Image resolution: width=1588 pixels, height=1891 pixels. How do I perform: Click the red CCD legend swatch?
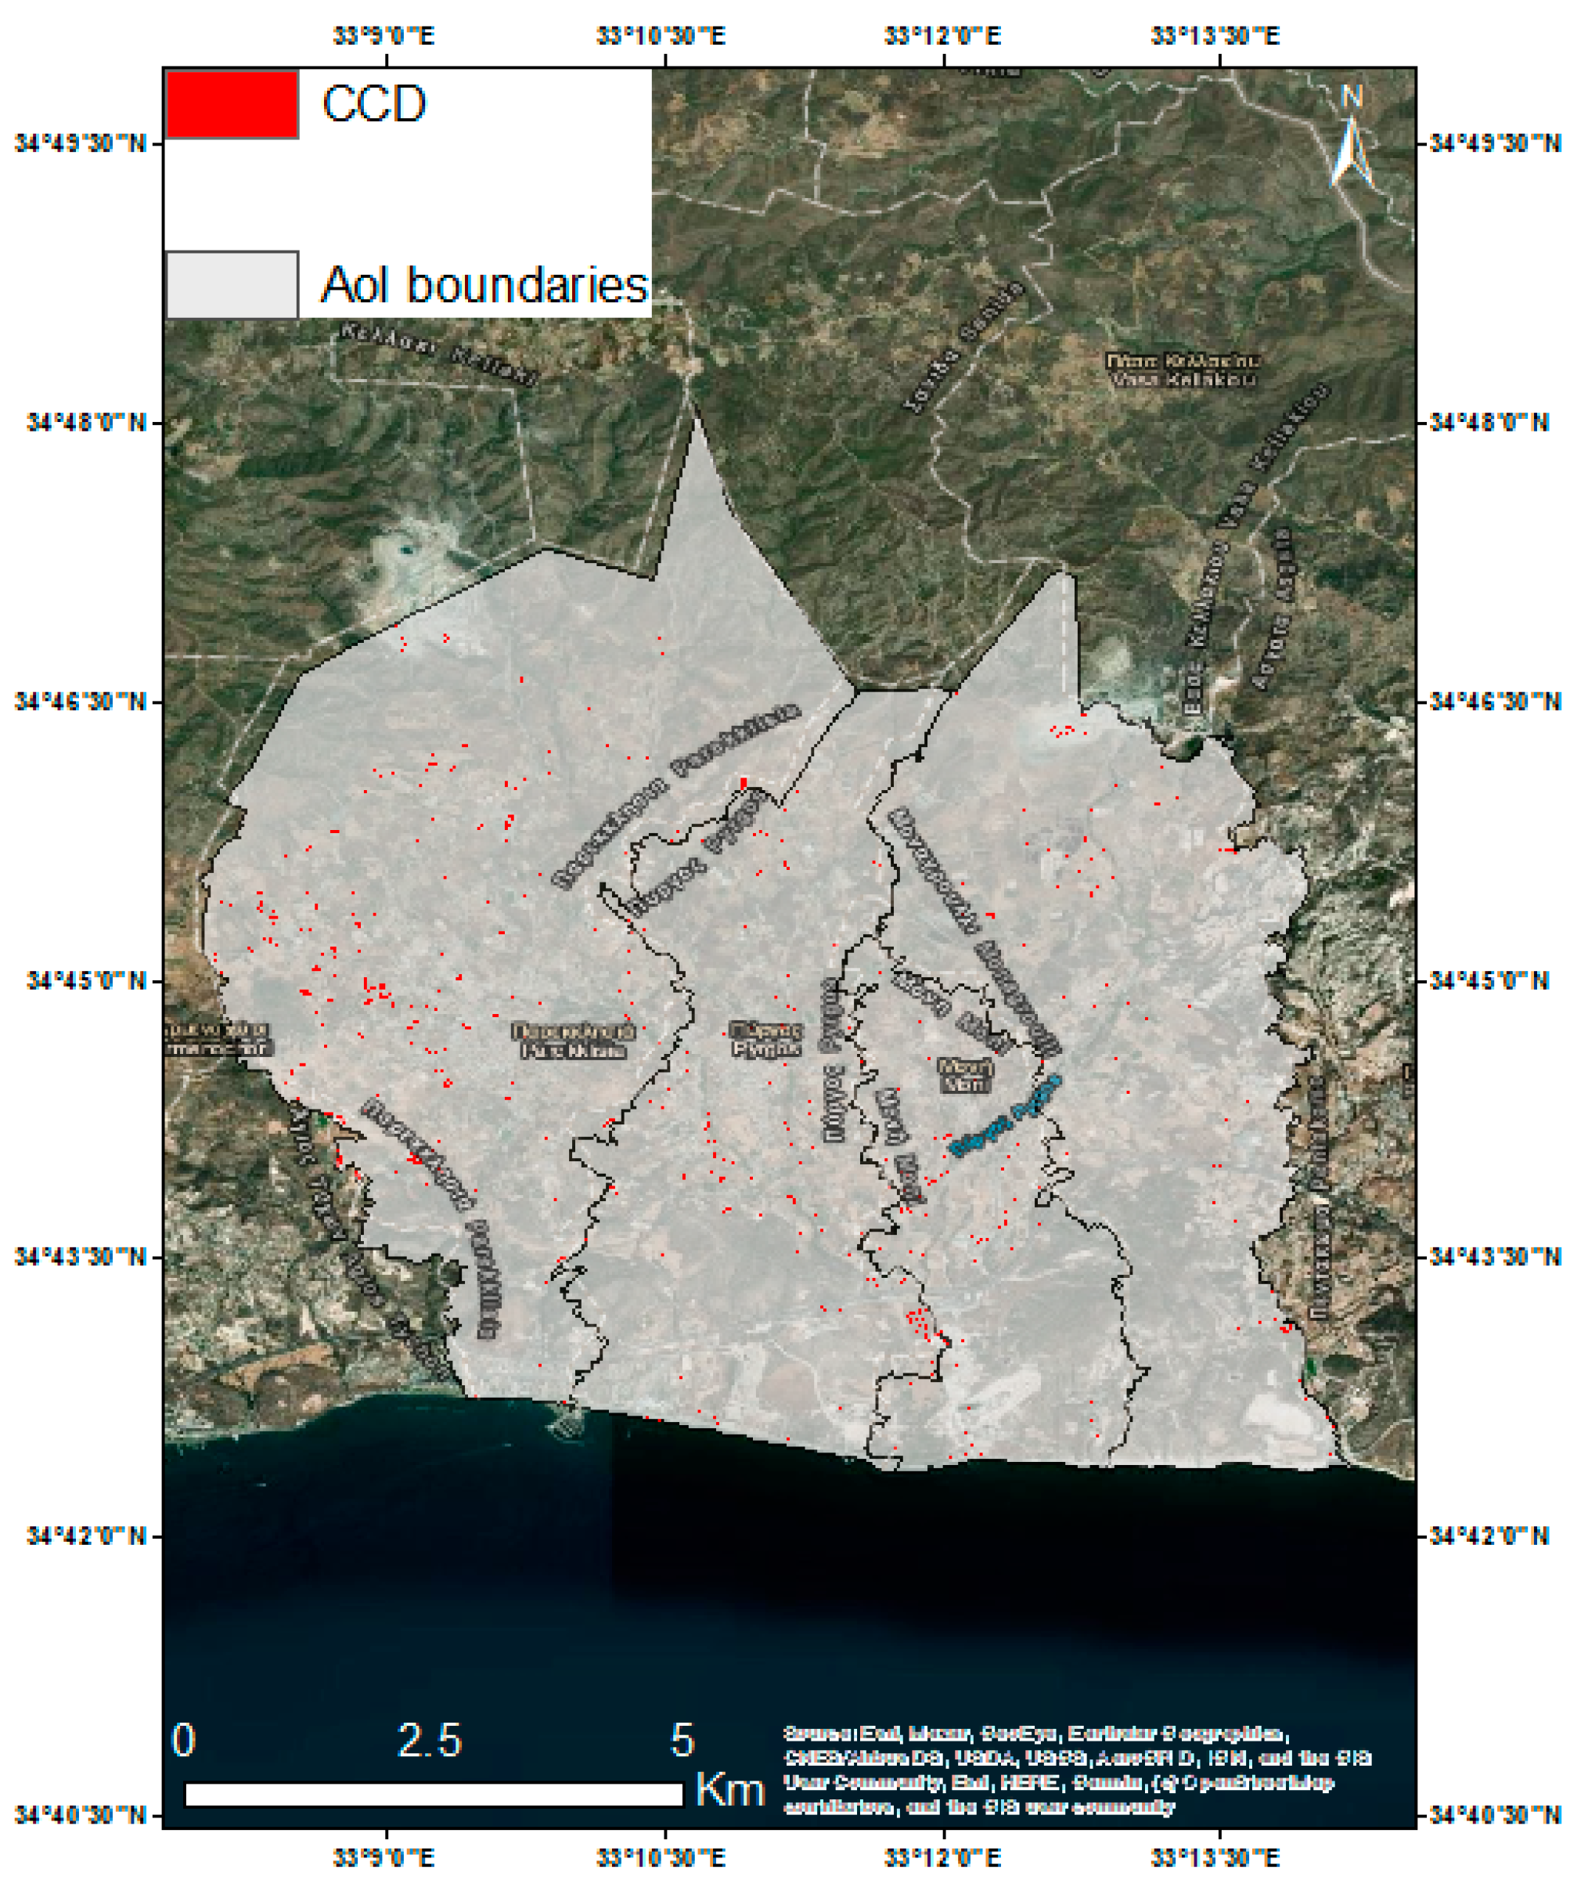coord(232,104)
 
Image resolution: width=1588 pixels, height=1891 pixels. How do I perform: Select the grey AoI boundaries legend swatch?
coord(232,284)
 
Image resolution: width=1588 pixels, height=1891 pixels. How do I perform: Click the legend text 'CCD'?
coord(373,103)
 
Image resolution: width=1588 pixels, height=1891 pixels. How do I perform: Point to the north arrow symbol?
coord(1350,144)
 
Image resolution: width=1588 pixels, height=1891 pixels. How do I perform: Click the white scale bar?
coord(433,1794)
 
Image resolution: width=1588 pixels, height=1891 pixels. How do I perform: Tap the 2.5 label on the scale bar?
coord(430,1741)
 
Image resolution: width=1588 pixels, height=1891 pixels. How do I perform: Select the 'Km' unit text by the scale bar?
coord(729,1789)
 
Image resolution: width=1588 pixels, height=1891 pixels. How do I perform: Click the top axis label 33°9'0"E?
coord(384,36)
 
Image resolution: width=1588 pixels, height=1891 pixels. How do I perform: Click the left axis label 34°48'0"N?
coord(86,422)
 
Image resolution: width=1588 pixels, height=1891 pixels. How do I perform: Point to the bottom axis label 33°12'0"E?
coord(942,1857)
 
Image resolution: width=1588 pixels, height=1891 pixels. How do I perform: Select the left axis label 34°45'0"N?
coord(86,980)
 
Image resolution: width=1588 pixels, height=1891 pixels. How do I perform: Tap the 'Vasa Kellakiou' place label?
coord(1182,370)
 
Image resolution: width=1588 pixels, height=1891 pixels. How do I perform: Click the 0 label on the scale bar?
coord(184,1741)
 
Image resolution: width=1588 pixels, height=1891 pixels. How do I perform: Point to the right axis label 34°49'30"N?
coord(1494,144)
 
